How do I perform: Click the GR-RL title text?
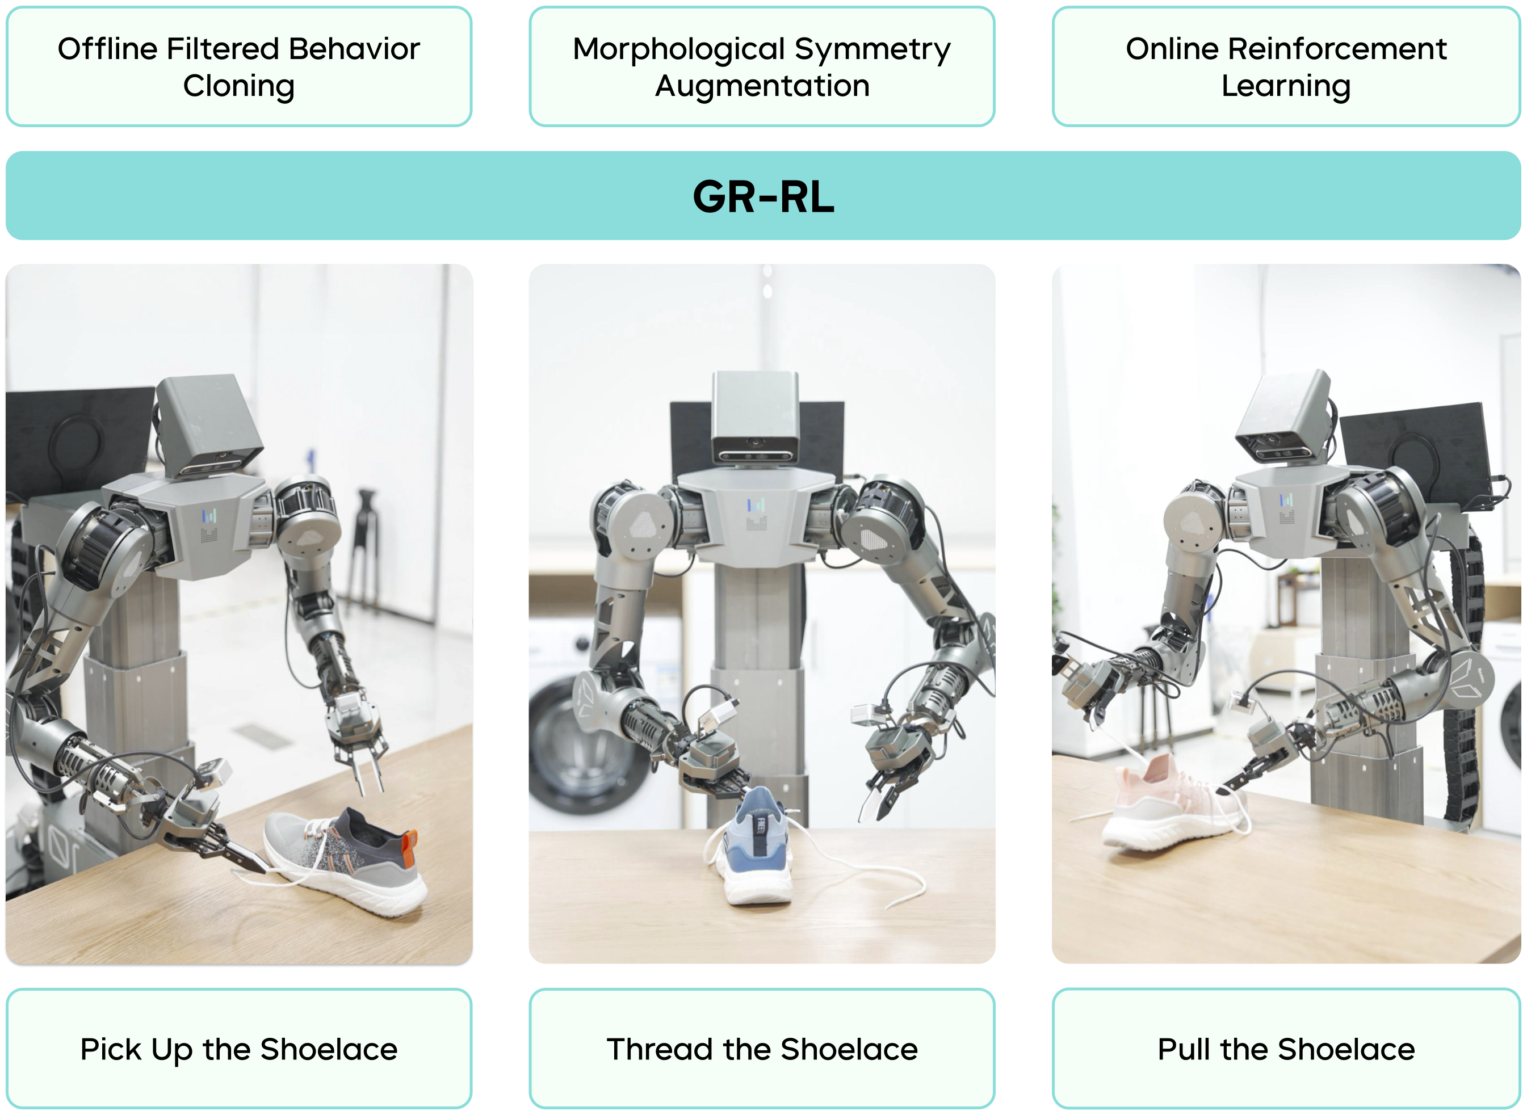tap(763, 197)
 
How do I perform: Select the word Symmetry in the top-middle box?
tap(872, 49)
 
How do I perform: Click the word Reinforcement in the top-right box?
tap(1337, 49)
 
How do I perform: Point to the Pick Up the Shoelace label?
tap(238, 1050)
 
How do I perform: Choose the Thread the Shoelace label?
tap(762, 1050)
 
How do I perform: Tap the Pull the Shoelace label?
tap(1286, 1050)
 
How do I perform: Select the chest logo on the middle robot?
tap(756, 513)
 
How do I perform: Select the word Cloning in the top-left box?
tap(238, 86)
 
